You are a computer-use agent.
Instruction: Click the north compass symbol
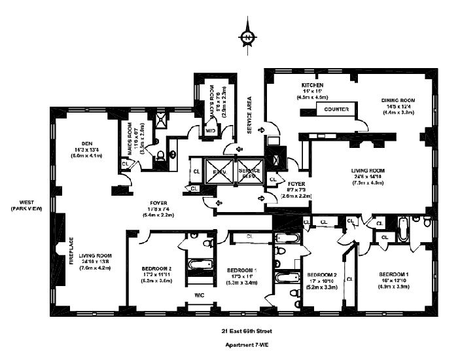click(x=247, y=37)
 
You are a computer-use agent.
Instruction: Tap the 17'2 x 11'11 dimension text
click(x=156, y=274)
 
